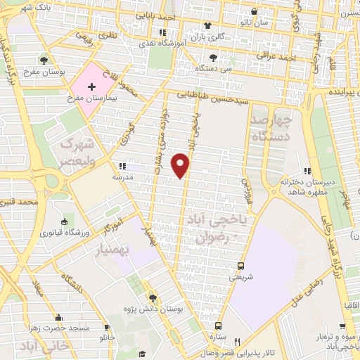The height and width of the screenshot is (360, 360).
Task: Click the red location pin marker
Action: (182, 166)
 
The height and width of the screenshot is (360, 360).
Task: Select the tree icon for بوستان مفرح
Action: (44, 59)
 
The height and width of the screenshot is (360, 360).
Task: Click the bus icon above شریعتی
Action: (241, 266)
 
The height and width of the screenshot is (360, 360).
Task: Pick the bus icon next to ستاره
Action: (219, 326)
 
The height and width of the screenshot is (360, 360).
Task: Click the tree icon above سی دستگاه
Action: (213, 58)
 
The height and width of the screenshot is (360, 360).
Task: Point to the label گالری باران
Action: (210, 36)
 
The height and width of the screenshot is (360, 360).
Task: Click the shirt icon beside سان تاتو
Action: (253, 11)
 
